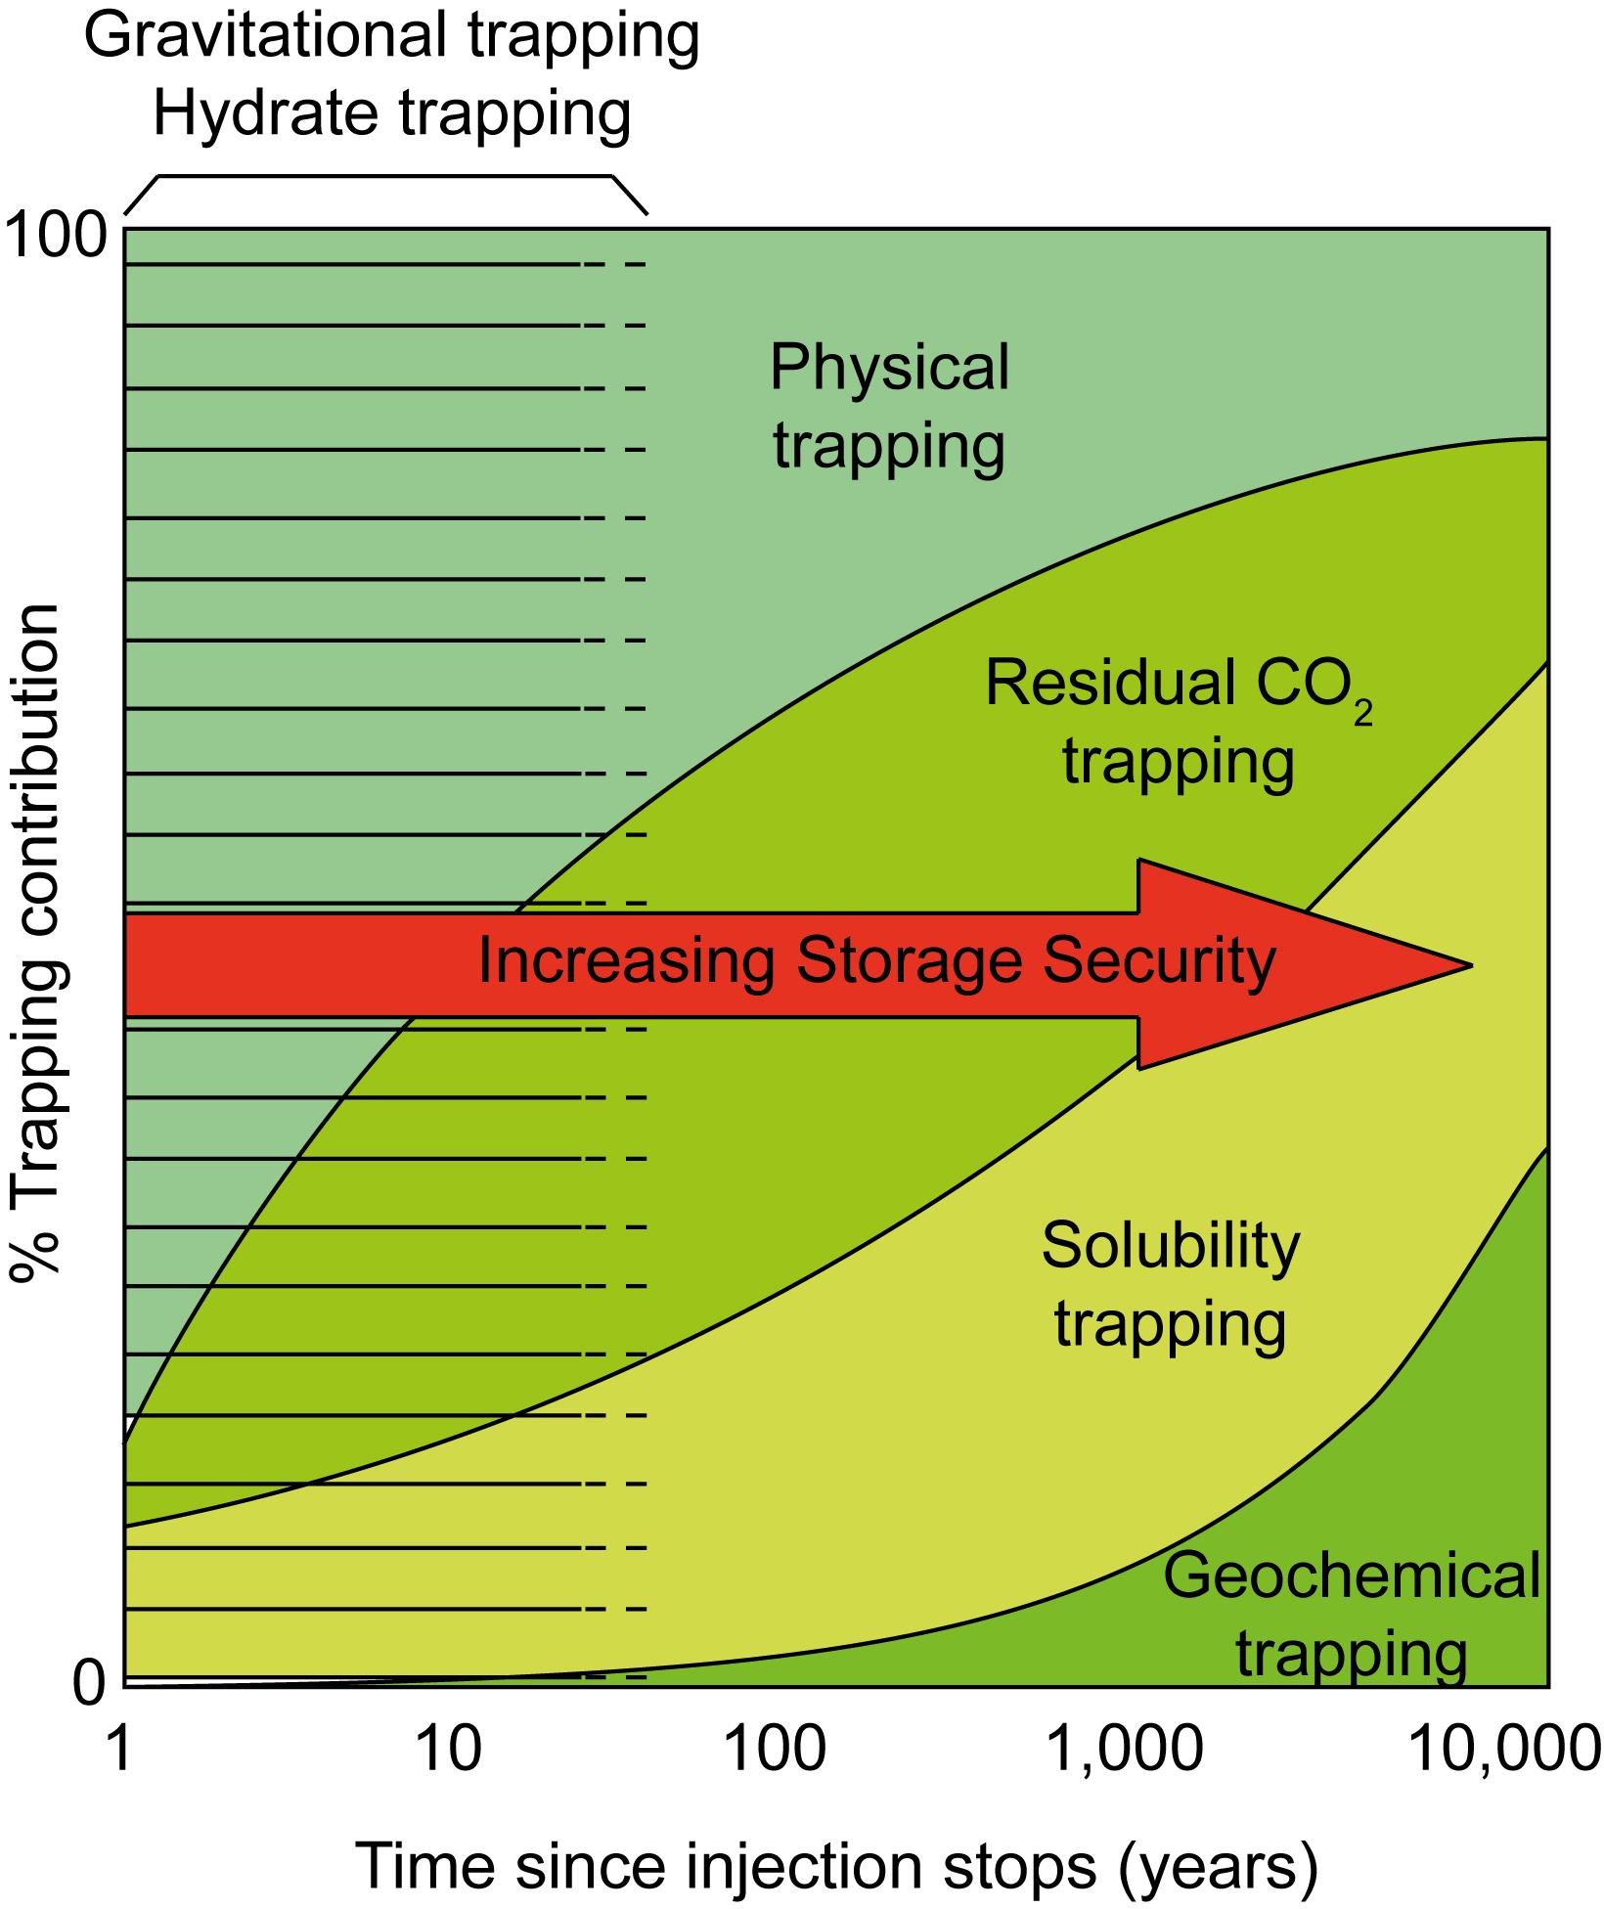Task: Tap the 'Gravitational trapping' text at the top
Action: tap(391, 37)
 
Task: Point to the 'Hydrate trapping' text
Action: tap(391, 113)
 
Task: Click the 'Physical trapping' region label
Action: tap(889, 406)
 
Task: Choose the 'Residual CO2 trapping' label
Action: tap(1178, 721)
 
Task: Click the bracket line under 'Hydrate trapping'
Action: tap(385, 176)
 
